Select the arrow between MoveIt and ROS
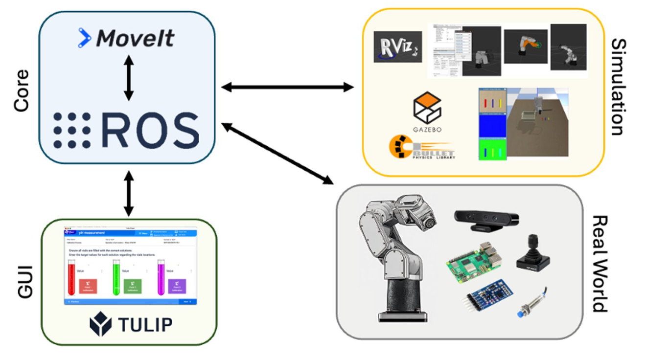point(128,78)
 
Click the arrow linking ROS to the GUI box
point(128,193)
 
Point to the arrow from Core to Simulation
point(287,88)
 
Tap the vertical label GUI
point(24,282)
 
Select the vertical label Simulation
point(618,88)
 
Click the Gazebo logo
point(427,111)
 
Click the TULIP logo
point(131,323)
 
